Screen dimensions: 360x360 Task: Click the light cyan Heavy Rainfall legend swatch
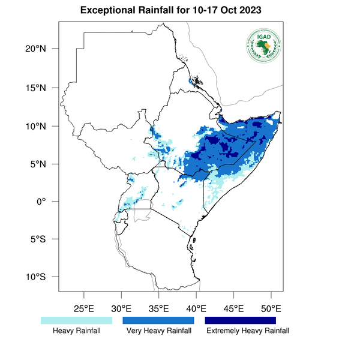point(76,321)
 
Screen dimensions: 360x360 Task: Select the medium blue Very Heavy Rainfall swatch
point(158,321)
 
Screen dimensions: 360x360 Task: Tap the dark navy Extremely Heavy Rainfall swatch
point(241,321)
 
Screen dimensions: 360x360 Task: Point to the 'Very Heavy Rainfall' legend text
point(158,331)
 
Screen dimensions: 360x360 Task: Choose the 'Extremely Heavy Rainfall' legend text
point(247,331)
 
